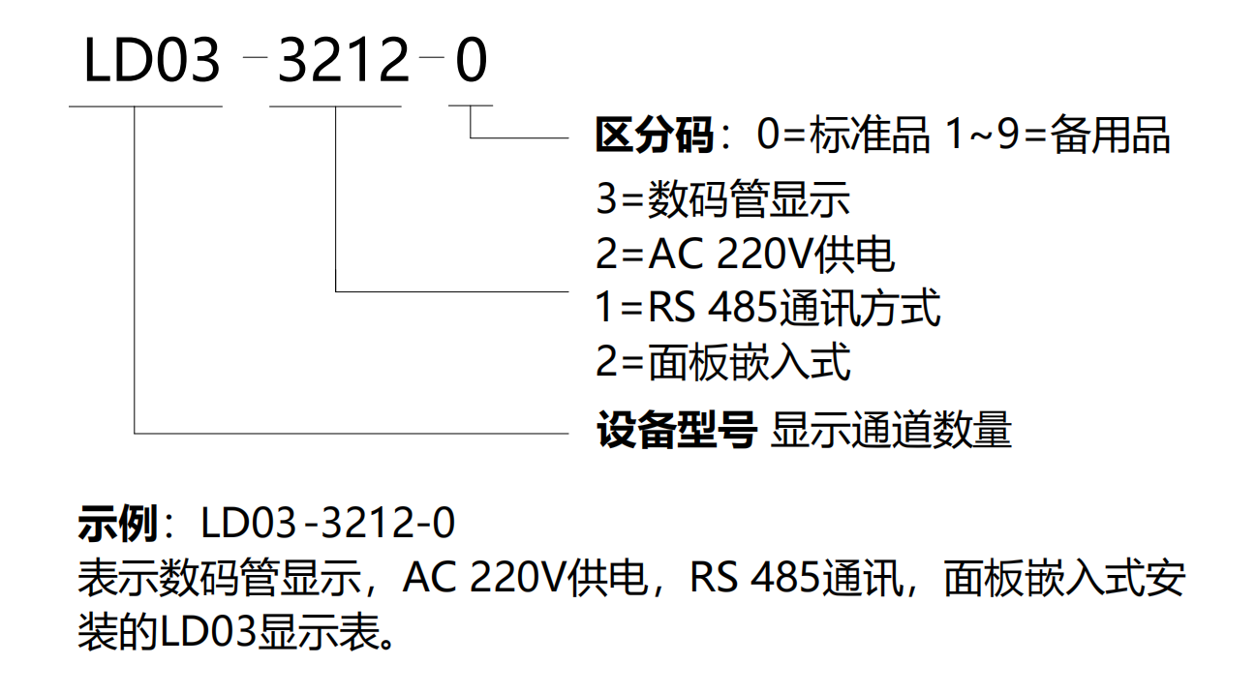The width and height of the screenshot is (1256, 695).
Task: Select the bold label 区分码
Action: (x=653, y=136)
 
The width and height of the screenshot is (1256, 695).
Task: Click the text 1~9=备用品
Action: (x=1057, y=136)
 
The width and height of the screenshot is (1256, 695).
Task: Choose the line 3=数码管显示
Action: (x=722, y=200)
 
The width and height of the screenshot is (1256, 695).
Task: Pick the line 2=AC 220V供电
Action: (x=745, y=255)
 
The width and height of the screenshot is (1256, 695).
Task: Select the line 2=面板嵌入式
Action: (x=722, y=363)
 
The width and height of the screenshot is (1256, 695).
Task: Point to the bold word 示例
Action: (x=116, y=525)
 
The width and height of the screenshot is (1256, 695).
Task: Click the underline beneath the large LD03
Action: (x=145, y=106)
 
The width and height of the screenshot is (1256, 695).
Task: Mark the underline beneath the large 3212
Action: (x=335, y=106)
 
